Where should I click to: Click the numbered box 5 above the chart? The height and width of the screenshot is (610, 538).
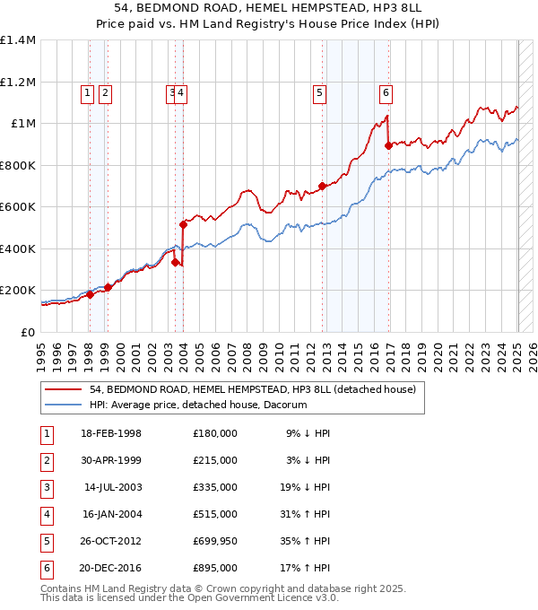[x=320, y=91]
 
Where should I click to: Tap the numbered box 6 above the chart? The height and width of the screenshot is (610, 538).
[x=386, y=91]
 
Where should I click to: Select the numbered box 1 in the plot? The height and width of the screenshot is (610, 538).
[x=88, y=91]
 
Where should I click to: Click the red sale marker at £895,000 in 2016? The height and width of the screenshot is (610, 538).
[x=388, y=145]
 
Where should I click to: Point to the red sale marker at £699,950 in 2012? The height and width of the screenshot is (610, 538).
[x=323, y=186]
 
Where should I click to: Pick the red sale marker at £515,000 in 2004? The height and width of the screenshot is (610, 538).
[x=183, y=224]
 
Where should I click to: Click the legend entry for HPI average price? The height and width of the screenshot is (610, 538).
[x=198, y=405]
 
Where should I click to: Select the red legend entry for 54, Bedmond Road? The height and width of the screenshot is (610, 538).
[x=252, y=390]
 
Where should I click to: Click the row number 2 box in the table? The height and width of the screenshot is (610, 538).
[x=46, y=460]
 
